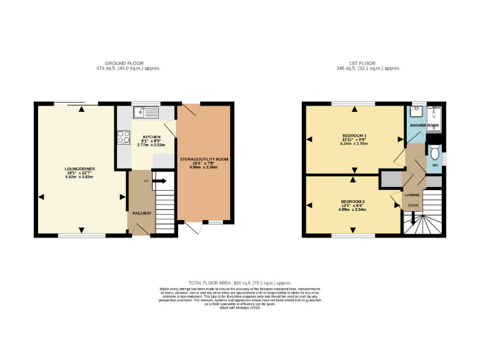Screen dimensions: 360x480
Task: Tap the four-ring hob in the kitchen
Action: (x=121, y=137)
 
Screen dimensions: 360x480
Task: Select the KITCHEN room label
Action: (x=151, y=137)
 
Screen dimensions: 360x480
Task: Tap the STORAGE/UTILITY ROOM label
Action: (x=204, y=159)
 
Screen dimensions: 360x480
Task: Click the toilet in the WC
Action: (x=435, y=150)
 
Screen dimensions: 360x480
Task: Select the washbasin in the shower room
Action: (x=416, y=112)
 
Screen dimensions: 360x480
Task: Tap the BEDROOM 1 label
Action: (x=354, y=136)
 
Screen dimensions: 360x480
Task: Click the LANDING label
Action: (x=412, y=195)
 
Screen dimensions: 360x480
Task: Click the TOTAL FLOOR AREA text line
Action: (x=240, y=282)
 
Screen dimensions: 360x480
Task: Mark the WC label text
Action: (x=434, y=166)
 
